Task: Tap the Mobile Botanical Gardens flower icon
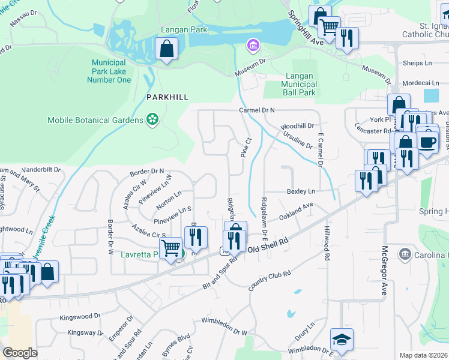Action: click(x=152, y=120)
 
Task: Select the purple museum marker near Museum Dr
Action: click(x=253, y=45)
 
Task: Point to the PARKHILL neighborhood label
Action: click(x=167, y=97)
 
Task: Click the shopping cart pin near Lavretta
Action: click(x=171, y=247)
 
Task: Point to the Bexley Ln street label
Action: click(x=301, y=191)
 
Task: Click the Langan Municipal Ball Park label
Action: click(x=299, y=85)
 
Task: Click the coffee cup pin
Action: click(x=428, y=142)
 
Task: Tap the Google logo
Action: click(x=20, y=352)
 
